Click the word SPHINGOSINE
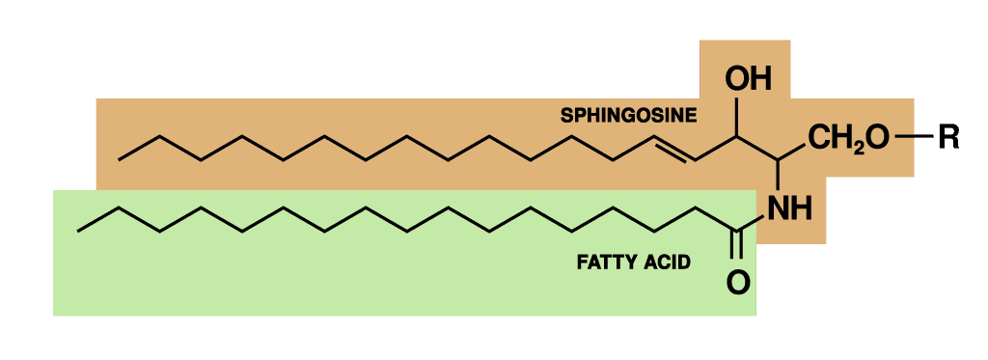tap(628, 116)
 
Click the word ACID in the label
tap(667, 262)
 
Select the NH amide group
tap(788, 208)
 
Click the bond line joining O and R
tap(912, 138)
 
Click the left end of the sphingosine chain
tap(120, 158)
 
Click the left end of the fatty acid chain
tap(79, 230)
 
